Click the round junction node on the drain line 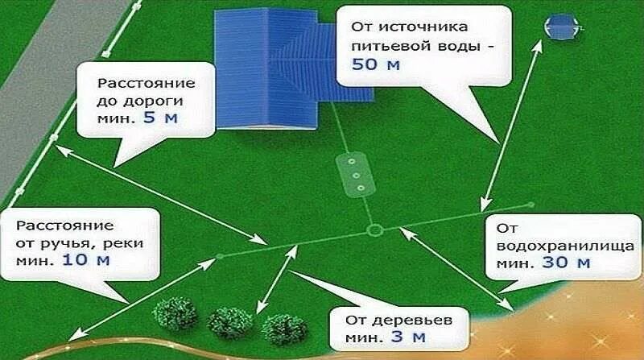374,231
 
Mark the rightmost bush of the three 283,329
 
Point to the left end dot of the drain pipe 220,258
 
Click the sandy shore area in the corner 580,330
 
